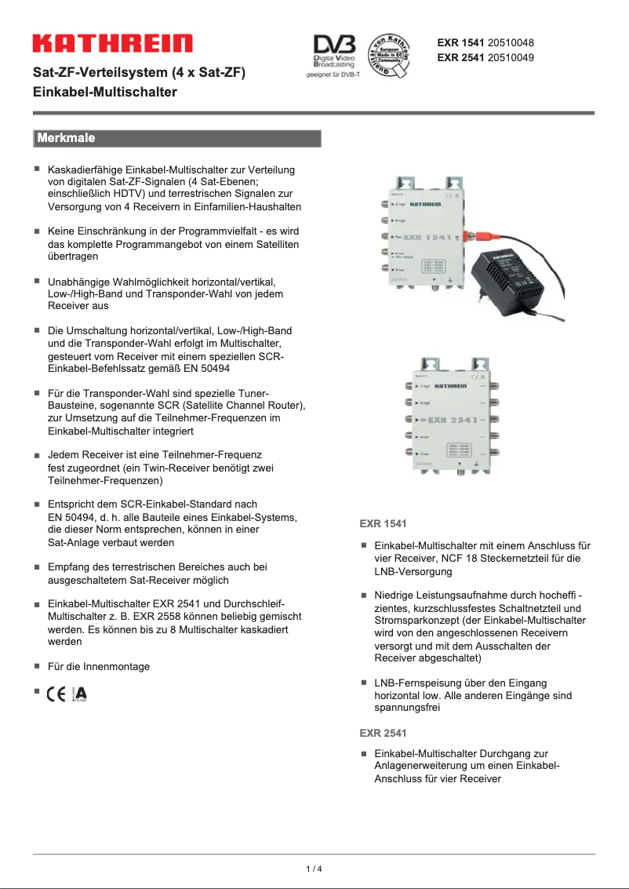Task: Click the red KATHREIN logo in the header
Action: pos(112,43)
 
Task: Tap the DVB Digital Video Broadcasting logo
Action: pos(335,51)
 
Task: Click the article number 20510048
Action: pos(511,42)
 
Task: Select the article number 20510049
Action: pos(511,57)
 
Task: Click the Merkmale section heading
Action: pos(64,139)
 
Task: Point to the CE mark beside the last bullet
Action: pos(56,694)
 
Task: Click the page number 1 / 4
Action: pos(314,869)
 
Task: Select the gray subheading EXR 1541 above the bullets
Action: pos(383,523)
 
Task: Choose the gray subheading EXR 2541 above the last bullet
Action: pos(383,733)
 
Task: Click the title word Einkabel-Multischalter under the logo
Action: pos(104,92)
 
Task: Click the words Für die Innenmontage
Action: pos(99,666)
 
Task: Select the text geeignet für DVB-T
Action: pos(333,76)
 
